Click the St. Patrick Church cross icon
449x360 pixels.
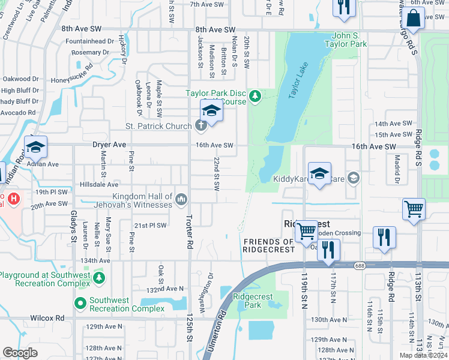click(x=200, y=125)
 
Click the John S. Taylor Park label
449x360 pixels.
click(x=349, y=40)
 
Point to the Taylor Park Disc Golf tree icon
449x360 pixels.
click(x=255, y=95)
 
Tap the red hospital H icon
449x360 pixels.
click(x=13, y=197)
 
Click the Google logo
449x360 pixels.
click(x=20, y=352)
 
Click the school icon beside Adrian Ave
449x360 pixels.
click(x=35, y=147)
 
